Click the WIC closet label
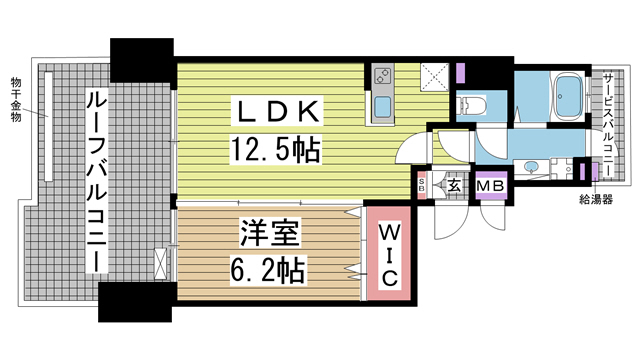pos(389,252)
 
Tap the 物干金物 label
pos(16,97)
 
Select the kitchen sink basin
pos(382,108)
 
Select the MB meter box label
pos(489,186)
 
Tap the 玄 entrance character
pos(453,184)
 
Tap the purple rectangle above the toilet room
pos(461,73)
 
